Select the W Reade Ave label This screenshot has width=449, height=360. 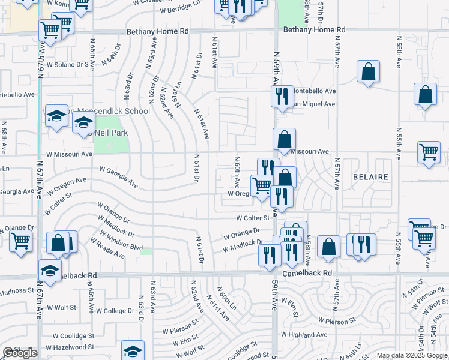(107, 248)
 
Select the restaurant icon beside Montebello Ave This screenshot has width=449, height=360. (282, 95)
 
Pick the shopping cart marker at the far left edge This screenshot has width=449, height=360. (20, 241)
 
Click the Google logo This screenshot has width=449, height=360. (20, 353)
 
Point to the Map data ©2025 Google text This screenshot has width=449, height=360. (411, 355)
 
